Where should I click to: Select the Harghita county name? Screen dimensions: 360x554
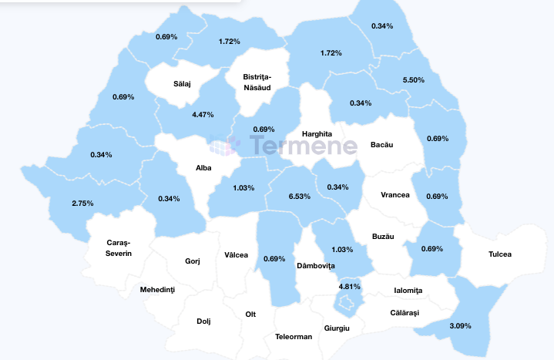point(317,133)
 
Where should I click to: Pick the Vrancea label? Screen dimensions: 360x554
point(395,195)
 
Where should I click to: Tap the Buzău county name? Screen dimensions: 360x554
point(383,236)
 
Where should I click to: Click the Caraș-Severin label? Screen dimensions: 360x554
point(119,248)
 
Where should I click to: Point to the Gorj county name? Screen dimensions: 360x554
point(193,261)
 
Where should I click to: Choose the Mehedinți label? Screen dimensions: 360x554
point(158,290)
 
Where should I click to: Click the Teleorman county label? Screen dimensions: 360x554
point(294,337)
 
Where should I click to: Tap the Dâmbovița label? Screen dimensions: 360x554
point(316,265)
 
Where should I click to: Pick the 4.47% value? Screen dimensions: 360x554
point(203,114)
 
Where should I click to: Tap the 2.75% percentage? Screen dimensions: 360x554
point(82,203)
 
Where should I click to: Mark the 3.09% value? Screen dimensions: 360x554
point(459,326)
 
